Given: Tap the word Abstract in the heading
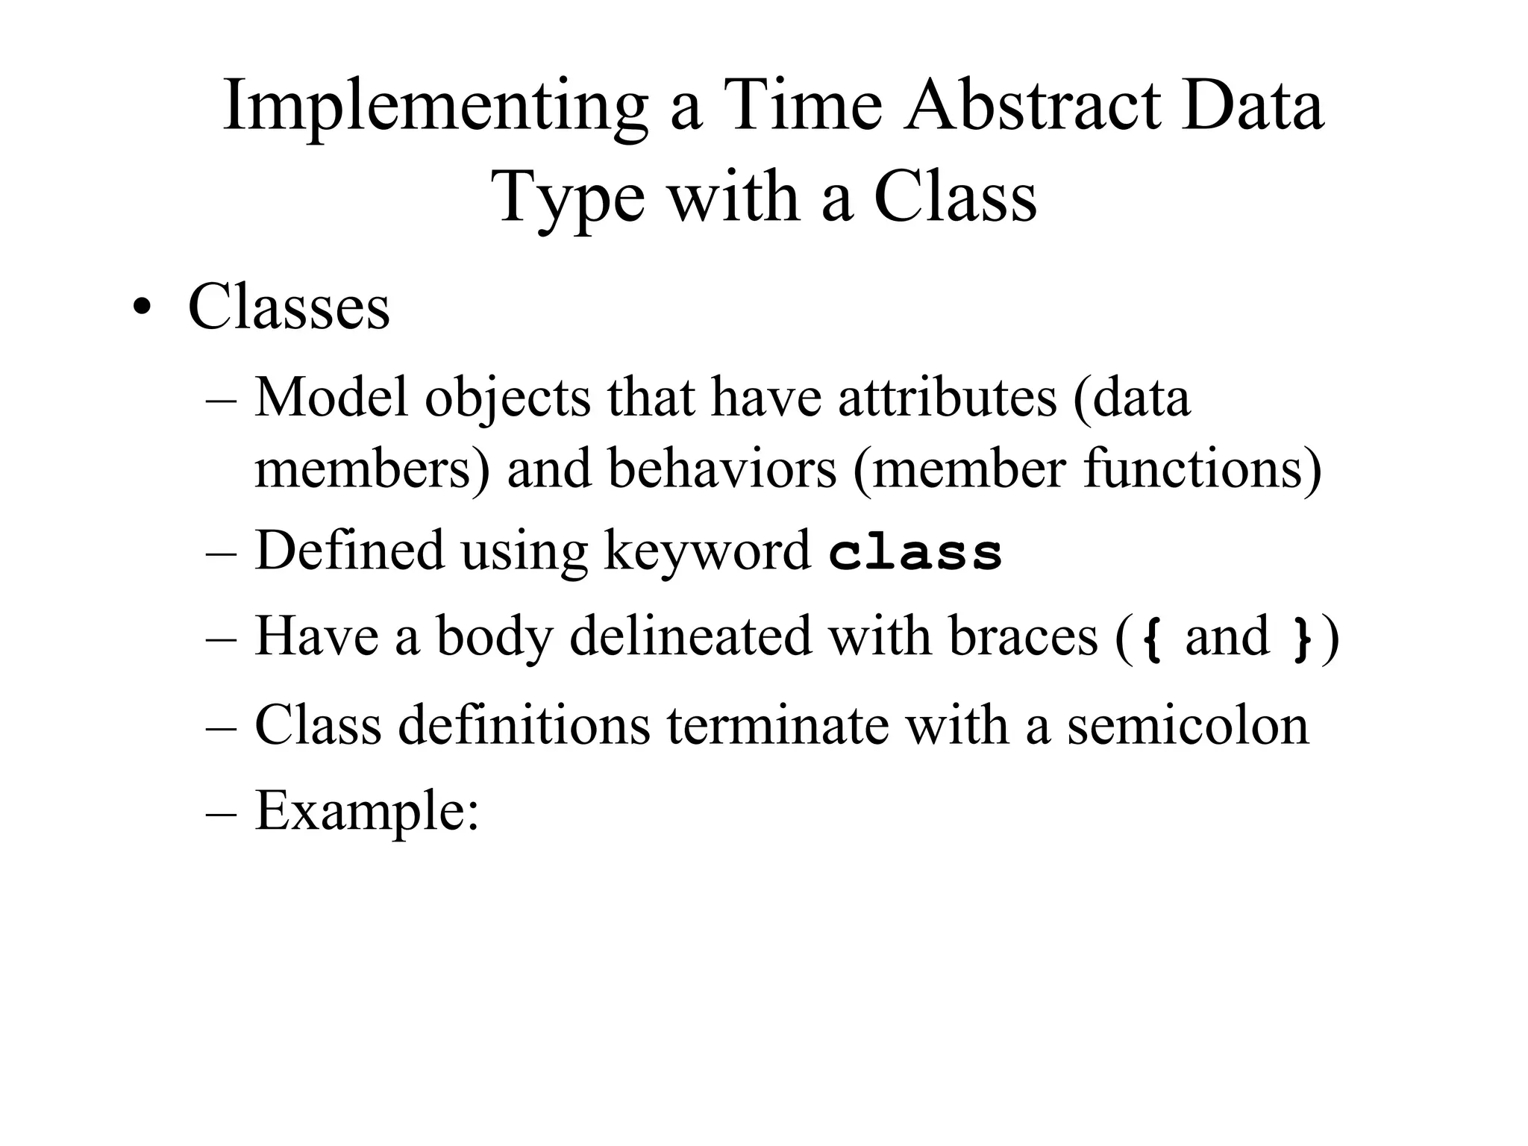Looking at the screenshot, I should (x=1032, y=106).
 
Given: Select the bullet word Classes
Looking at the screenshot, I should (x=289, y=307).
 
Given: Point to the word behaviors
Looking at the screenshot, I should (x=721, y=469).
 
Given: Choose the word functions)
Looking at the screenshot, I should (x=1202, y=469).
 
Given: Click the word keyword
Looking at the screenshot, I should (x=707, y=552).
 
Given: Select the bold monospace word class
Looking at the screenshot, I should (x=915, y=554).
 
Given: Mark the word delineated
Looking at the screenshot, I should (x=690, y=637).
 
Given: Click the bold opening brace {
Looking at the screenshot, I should (x=1153, y=639).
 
